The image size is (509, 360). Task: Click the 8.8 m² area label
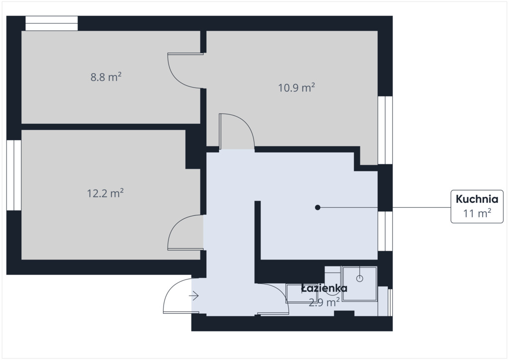tap(106, 77)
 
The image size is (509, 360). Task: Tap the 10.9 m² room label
tap(297, 88)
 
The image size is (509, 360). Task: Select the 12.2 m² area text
tap(105, 193)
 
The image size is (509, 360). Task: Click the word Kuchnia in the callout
tap(477, 199)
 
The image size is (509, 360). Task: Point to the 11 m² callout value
tap(477, 214)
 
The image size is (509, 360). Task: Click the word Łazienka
tap(324, 288)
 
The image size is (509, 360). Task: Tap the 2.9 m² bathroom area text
tap(324, 302)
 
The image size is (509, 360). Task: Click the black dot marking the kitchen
tap(318, 207)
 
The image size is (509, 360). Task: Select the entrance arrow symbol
tap(194, 296)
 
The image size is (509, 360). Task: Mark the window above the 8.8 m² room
tap(52, 23)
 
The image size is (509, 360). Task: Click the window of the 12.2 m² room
tap(14, 176)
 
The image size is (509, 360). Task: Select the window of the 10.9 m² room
tap(385, 130)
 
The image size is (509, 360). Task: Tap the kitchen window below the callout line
tap(385, 231)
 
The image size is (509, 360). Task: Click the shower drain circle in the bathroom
tap(360, 278)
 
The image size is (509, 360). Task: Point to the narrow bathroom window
tap(390, 302)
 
